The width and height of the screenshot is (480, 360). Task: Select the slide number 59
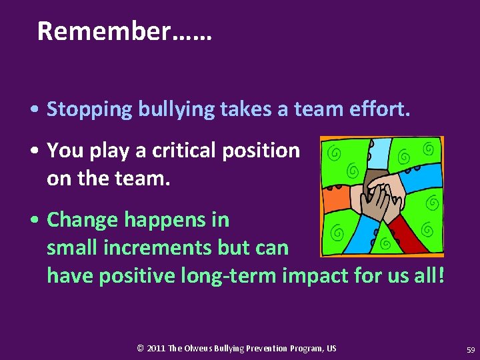(x=471, y=349)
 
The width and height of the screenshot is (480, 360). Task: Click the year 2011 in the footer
(x=156, y=348)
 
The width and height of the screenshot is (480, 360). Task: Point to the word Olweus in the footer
(x=200, y=348)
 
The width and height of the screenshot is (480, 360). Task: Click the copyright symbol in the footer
(x=140, y=348)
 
